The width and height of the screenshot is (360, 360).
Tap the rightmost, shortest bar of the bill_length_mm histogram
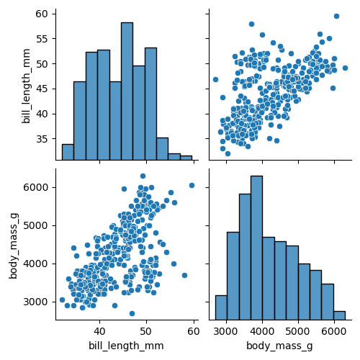pyautogui.click(x=186, y=158)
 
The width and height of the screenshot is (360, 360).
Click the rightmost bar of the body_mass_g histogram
pyautogui.click(x=339, y=315)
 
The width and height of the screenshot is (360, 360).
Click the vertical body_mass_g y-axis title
pyautogui.click(x=13, y=244)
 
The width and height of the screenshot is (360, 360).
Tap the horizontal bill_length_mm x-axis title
pyautogui.click(x=126, y=346)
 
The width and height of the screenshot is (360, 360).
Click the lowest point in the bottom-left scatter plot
pyautogui.click(x=132, y=313)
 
